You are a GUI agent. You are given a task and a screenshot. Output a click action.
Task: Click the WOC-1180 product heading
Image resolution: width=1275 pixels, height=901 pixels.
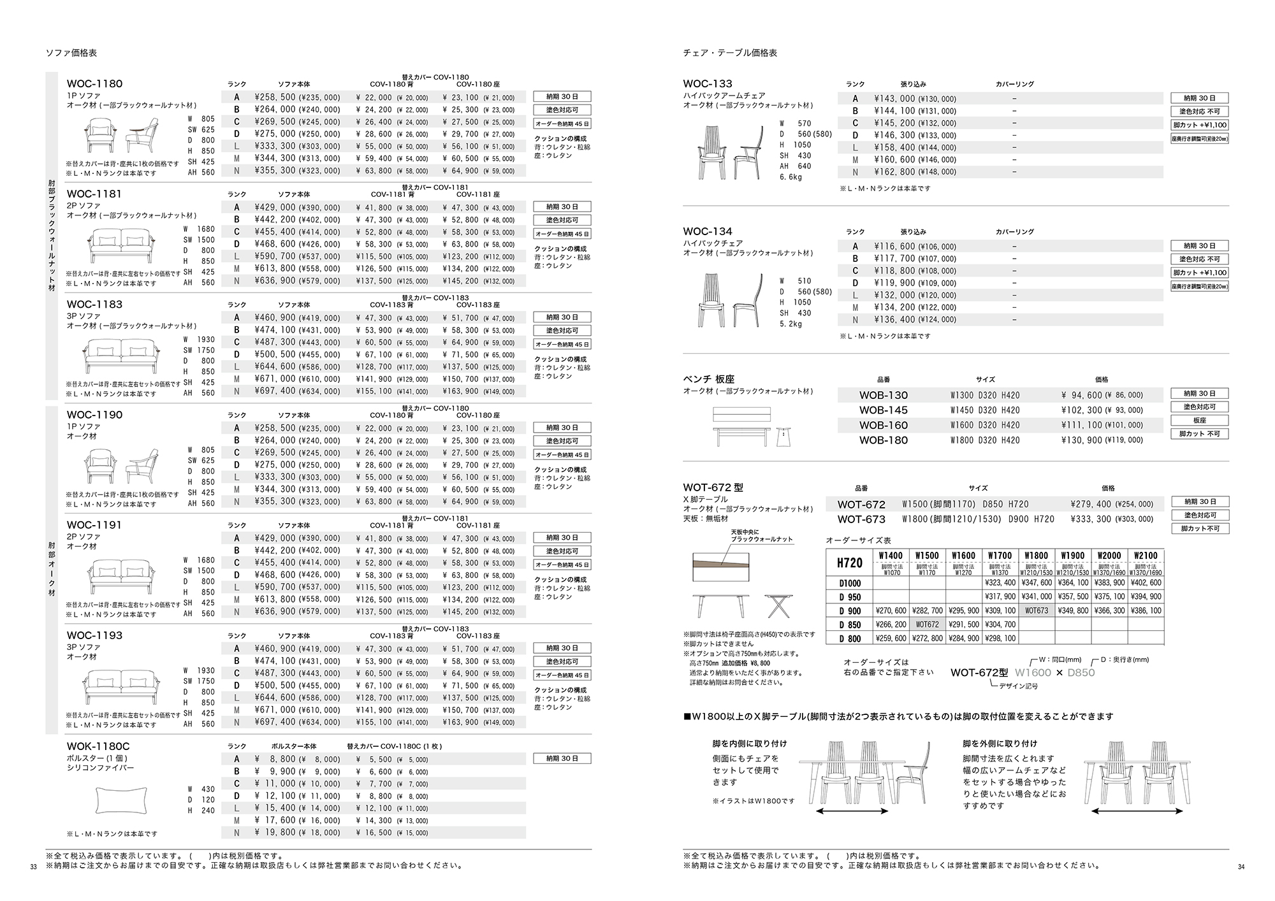tap(94, 83)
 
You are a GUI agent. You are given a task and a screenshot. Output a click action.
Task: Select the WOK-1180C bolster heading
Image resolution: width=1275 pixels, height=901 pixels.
tap(98, 746)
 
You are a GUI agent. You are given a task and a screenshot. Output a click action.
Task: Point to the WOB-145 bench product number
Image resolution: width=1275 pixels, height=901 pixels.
tap(883, 410)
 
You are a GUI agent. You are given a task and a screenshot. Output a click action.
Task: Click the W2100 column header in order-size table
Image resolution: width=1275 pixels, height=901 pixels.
tap(1146, 556)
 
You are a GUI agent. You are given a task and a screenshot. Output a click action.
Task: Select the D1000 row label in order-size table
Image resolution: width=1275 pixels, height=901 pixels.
tap(849, 583)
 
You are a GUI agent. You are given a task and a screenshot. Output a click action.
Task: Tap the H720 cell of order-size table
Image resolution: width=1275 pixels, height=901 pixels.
tap(849, 563)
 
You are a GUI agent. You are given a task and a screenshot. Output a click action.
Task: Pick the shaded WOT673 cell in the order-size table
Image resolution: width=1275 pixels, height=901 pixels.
tap(1037, 610)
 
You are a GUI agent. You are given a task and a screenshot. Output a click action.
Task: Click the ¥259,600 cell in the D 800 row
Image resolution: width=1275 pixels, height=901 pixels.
tap(891, 638)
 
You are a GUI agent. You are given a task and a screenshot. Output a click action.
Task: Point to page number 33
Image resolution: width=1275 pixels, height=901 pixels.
tap(34, 867)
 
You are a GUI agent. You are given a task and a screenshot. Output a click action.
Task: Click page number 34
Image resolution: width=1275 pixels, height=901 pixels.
tap(1241, 867)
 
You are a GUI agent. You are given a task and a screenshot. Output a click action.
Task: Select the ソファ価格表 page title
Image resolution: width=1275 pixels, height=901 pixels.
tap(71, 53)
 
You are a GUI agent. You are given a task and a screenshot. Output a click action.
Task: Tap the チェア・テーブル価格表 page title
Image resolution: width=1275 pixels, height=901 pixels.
tap(730, 53)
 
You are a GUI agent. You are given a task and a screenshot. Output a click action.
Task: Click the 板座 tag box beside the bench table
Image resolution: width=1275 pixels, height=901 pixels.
tap(1199, 421)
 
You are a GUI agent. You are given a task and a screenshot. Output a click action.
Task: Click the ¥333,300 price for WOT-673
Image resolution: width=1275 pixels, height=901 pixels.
tap(1090, 519)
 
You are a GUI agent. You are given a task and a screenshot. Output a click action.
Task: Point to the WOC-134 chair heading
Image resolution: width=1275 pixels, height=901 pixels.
tap(708, 231)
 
